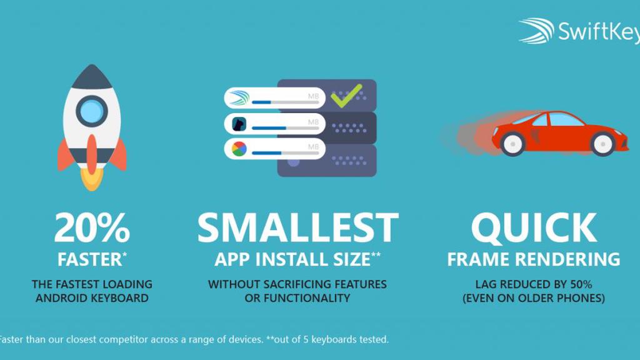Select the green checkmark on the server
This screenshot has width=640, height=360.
pos(346,96)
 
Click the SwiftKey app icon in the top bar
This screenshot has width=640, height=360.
pos(239,98)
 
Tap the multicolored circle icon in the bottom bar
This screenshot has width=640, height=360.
pos(239,149)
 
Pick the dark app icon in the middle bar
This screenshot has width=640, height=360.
pos(239,124)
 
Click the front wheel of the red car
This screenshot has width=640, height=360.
pos(603,144)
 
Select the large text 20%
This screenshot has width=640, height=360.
pos(91,228)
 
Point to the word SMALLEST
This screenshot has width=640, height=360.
pos(297,228)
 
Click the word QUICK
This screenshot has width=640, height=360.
pos(533,228)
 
